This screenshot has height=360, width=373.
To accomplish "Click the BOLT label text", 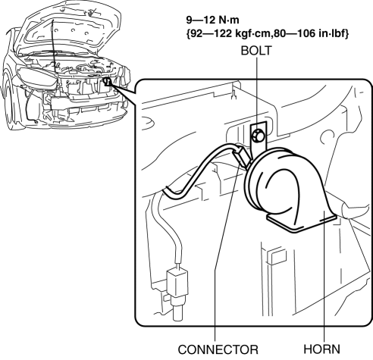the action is (256, 51).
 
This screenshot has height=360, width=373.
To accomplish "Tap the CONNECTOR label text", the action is (218, 349).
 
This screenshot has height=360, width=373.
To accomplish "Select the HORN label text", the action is (321, 349).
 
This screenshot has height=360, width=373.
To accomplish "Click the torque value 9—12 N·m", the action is (212, 20).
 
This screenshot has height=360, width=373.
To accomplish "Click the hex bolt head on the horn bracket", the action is (259, 135).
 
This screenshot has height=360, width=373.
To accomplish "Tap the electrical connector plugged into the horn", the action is (242, 157).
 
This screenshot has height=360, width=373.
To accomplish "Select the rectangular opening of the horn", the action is (302, 222).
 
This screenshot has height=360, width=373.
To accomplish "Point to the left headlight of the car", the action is (38, 77).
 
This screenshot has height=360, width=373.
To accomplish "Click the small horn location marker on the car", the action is (108, 81).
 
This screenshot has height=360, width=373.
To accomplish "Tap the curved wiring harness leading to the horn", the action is (199, 169).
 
